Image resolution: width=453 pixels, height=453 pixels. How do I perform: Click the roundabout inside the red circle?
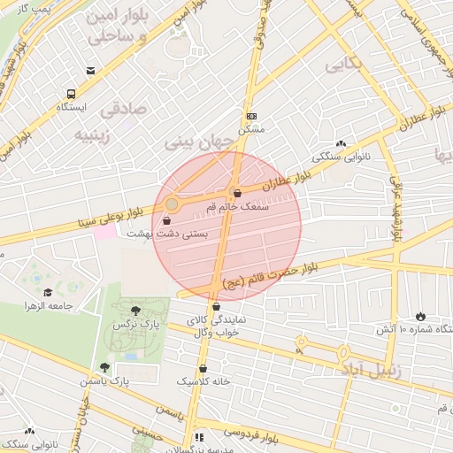click(172, 204)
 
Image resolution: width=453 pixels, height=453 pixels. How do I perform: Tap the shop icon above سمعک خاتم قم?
click(236, 193)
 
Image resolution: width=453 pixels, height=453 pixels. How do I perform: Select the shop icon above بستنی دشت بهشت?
click(167, 220)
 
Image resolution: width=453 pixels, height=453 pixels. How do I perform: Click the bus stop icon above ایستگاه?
click(71, 94)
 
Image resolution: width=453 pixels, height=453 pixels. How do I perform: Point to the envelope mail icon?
click(91, 71)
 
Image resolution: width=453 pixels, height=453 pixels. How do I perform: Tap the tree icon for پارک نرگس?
click(134, 311)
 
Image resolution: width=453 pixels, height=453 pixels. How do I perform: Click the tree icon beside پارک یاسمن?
click(104, 367)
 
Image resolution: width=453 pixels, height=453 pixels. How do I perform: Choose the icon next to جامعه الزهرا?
click(47, 293)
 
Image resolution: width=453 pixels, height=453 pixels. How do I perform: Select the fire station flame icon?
click(419, 316)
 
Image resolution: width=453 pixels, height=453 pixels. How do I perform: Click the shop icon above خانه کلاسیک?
click(203, 368)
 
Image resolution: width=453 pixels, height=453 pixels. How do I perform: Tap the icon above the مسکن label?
click(252, 116)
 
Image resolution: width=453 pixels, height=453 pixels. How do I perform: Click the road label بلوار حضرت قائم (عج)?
click(266, 273)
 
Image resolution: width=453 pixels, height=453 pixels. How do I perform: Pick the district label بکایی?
click(343, 65)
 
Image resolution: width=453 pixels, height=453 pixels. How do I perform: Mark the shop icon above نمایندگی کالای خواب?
click(216, 306)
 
